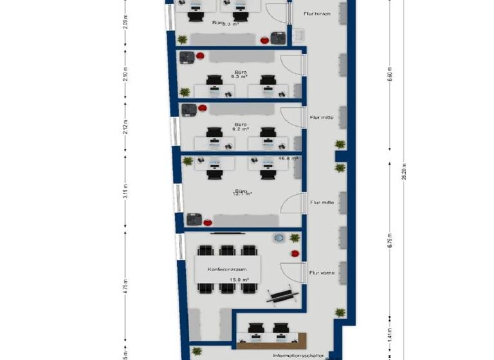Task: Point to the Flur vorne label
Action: pos(321,273)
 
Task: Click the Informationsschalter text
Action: pos(298,355)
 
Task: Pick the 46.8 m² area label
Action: pos(288,157)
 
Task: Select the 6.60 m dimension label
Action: pos(389,75)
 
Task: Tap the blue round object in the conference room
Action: pos(279,238)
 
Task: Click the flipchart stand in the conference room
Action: pos(283,294)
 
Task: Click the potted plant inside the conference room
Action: pos(295,238)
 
